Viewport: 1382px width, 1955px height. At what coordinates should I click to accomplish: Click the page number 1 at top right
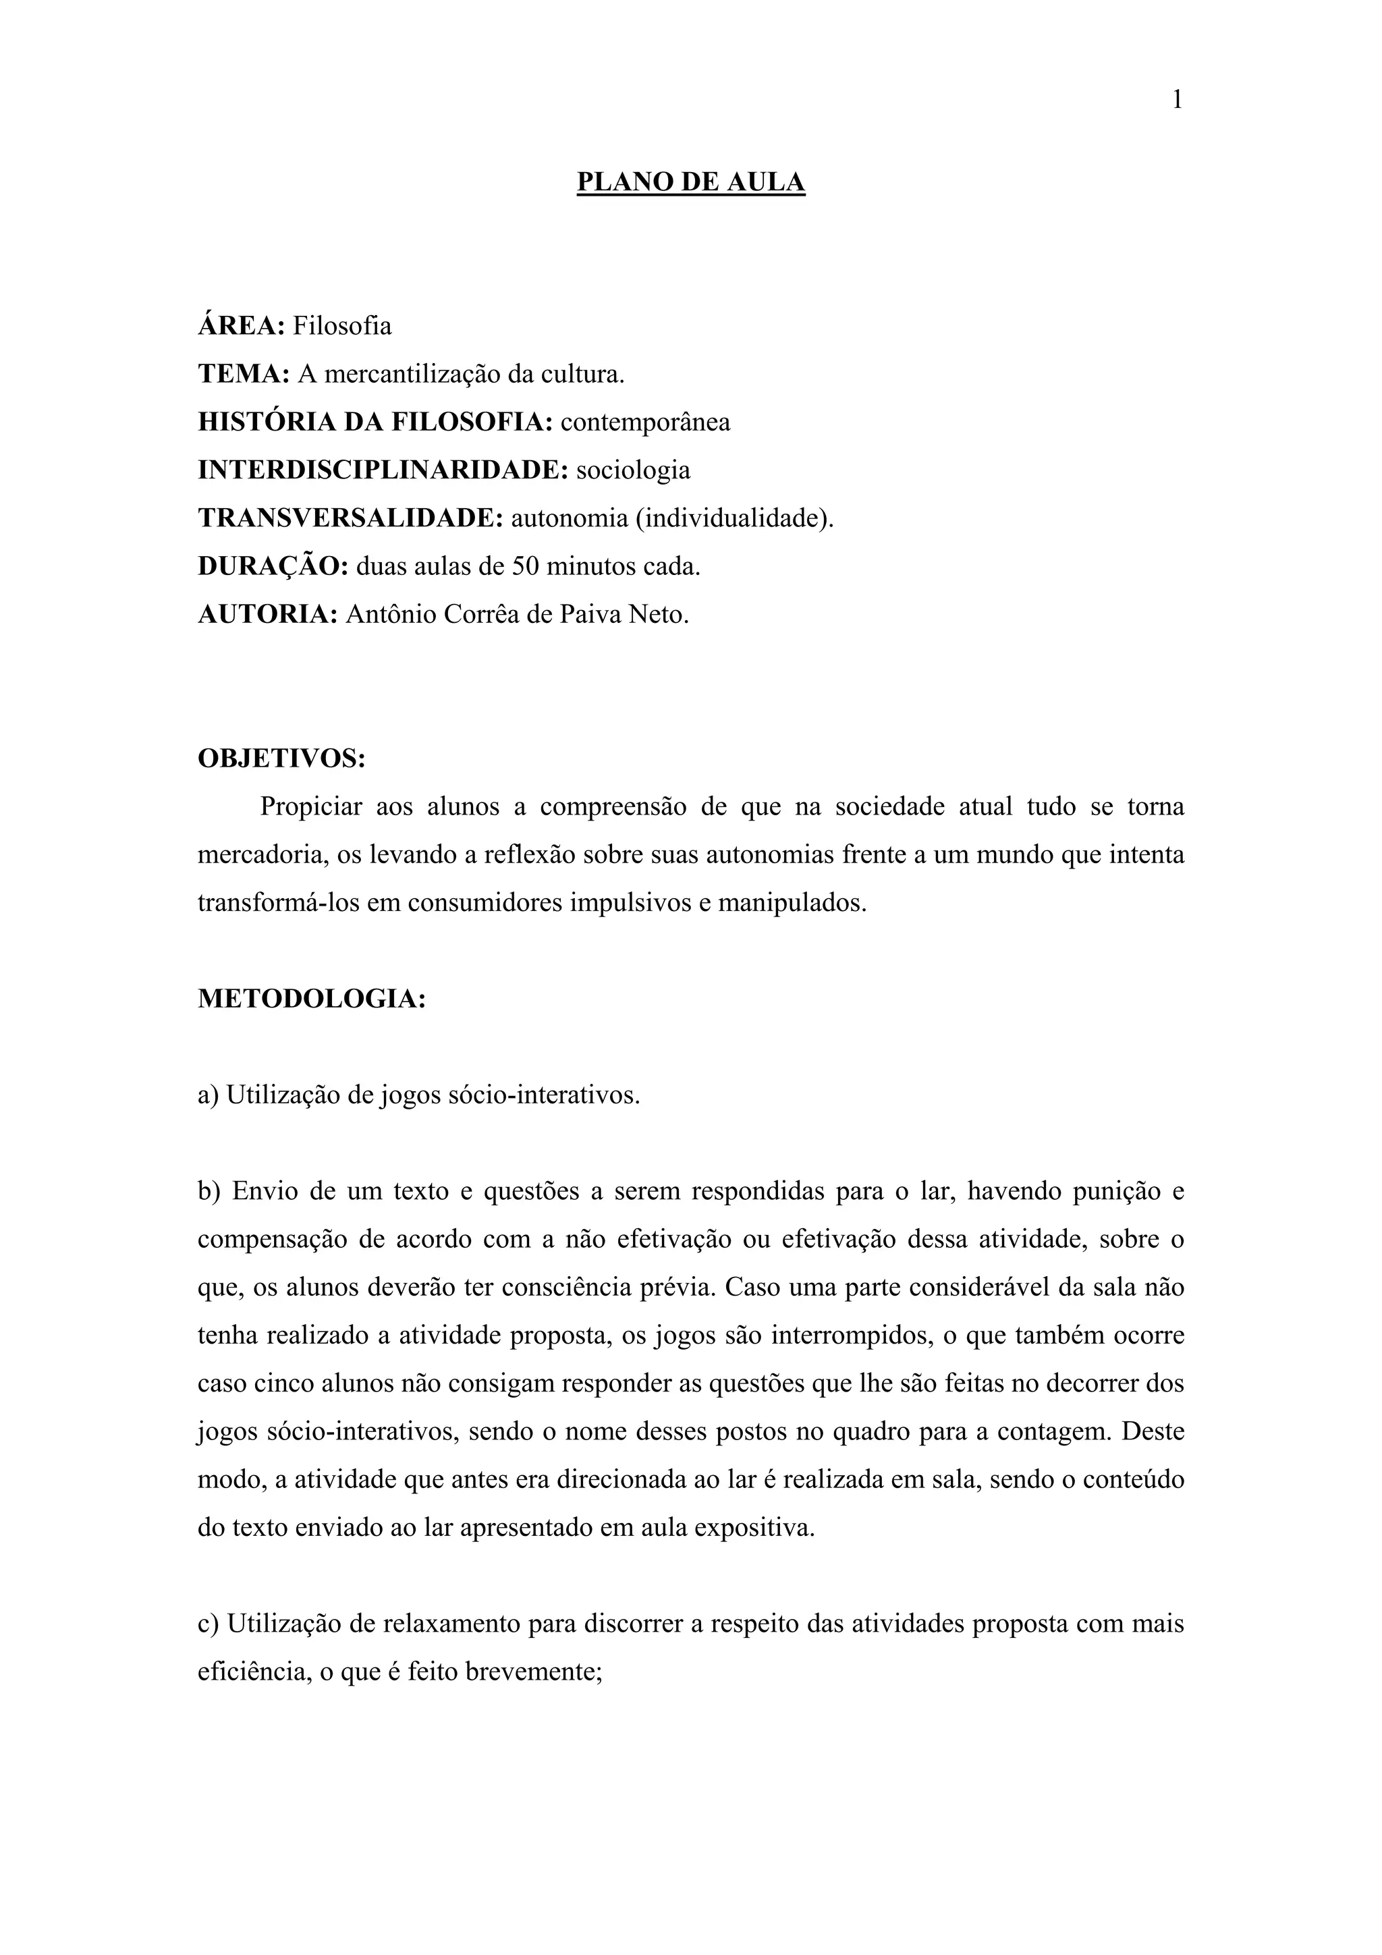click(1177, 101)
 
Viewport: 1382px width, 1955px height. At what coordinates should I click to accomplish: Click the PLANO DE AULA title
click(690, 182)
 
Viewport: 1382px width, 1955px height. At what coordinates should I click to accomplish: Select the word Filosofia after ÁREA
click(342, 326)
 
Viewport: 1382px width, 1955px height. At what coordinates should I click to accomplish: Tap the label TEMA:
click(244, 374)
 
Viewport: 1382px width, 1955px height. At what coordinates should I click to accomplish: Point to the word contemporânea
click(644, 422)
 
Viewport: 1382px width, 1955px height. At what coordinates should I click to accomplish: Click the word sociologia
click(633, 470)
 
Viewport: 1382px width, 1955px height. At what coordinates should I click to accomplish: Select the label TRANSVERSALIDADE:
click(351, 518)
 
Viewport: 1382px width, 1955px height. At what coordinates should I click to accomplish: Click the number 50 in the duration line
click(524, 566)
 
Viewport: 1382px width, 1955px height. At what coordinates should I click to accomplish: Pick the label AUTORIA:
click(268, 614)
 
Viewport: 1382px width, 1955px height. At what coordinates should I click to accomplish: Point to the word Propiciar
click(311, 806)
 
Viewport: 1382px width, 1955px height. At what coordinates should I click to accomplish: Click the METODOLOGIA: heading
click(312, 999)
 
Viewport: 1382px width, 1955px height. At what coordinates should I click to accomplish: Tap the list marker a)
click(209, 1095)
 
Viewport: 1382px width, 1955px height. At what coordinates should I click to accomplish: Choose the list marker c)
click(209, 1624)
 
